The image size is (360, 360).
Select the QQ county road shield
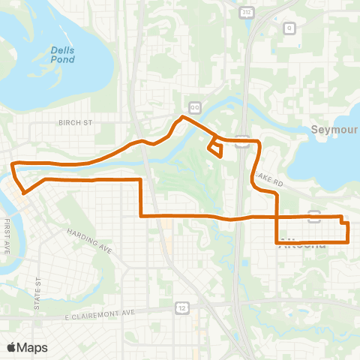195,107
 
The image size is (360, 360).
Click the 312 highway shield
246,13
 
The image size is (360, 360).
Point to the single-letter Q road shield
288,28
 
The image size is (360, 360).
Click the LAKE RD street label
268,177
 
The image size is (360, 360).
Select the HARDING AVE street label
88,241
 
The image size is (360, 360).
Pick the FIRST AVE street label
7,237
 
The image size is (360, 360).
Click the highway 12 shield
182,307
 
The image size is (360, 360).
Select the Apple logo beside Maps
12,347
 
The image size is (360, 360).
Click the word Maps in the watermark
32,347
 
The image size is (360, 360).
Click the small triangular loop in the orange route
216,148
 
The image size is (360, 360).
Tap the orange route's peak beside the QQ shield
182,117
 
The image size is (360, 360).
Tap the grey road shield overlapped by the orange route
315,216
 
